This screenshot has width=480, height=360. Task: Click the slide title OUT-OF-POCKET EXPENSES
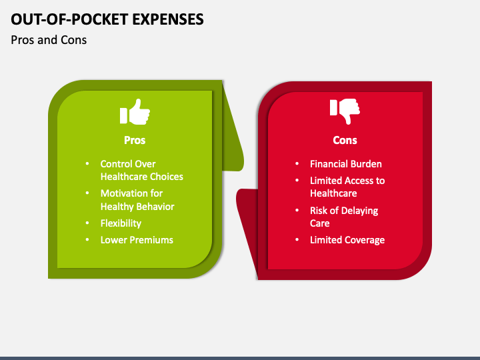[x=107, y=19]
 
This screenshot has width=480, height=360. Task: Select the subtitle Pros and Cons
[x=49, y=40]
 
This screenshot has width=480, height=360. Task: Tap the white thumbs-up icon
[x=135, y=112]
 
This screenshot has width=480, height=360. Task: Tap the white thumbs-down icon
[x=345, y=111]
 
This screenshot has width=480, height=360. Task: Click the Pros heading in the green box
[x=135, y=140]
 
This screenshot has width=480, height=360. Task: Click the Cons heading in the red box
[x=345, y=140]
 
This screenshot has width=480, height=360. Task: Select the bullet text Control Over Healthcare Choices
[x=141, y=170]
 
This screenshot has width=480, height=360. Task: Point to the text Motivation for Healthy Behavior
[x=137, y=200]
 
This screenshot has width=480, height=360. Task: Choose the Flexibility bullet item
[x=121, y=223]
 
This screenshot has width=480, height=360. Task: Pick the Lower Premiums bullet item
[x=137, y=240]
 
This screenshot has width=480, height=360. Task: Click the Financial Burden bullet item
[x=345, y=164]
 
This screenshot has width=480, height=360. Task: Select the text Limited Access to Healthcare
[x=347, y=187]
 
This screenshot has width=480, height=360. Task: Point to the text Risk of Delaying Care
[x=343, y=217]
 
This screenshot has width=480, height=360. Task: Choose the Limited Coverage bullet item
[x=347, y=240]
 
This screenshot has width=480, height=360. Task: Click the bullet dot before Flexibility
[x=87, y=223]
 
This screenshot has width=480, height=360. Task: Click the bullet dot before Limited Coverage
[x=297, y=240]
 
